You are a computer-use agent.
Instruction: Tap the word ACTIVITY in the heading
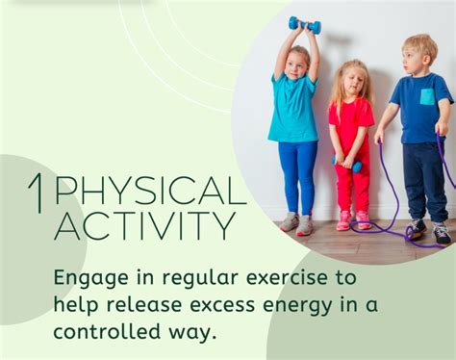145,227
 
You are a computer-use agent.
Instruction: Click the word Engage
86,279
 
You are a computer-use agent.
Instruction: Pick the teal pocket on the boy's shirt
427,96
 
